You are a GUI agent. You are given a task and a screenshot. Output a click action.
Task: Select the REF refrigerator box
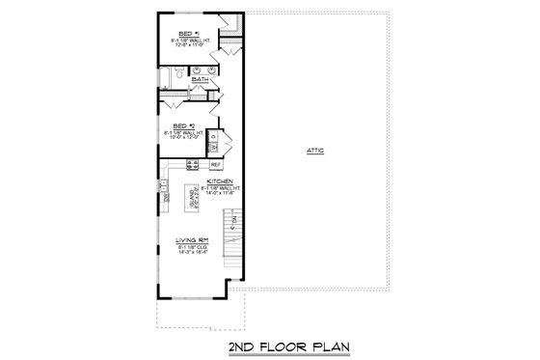[217, 165]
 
